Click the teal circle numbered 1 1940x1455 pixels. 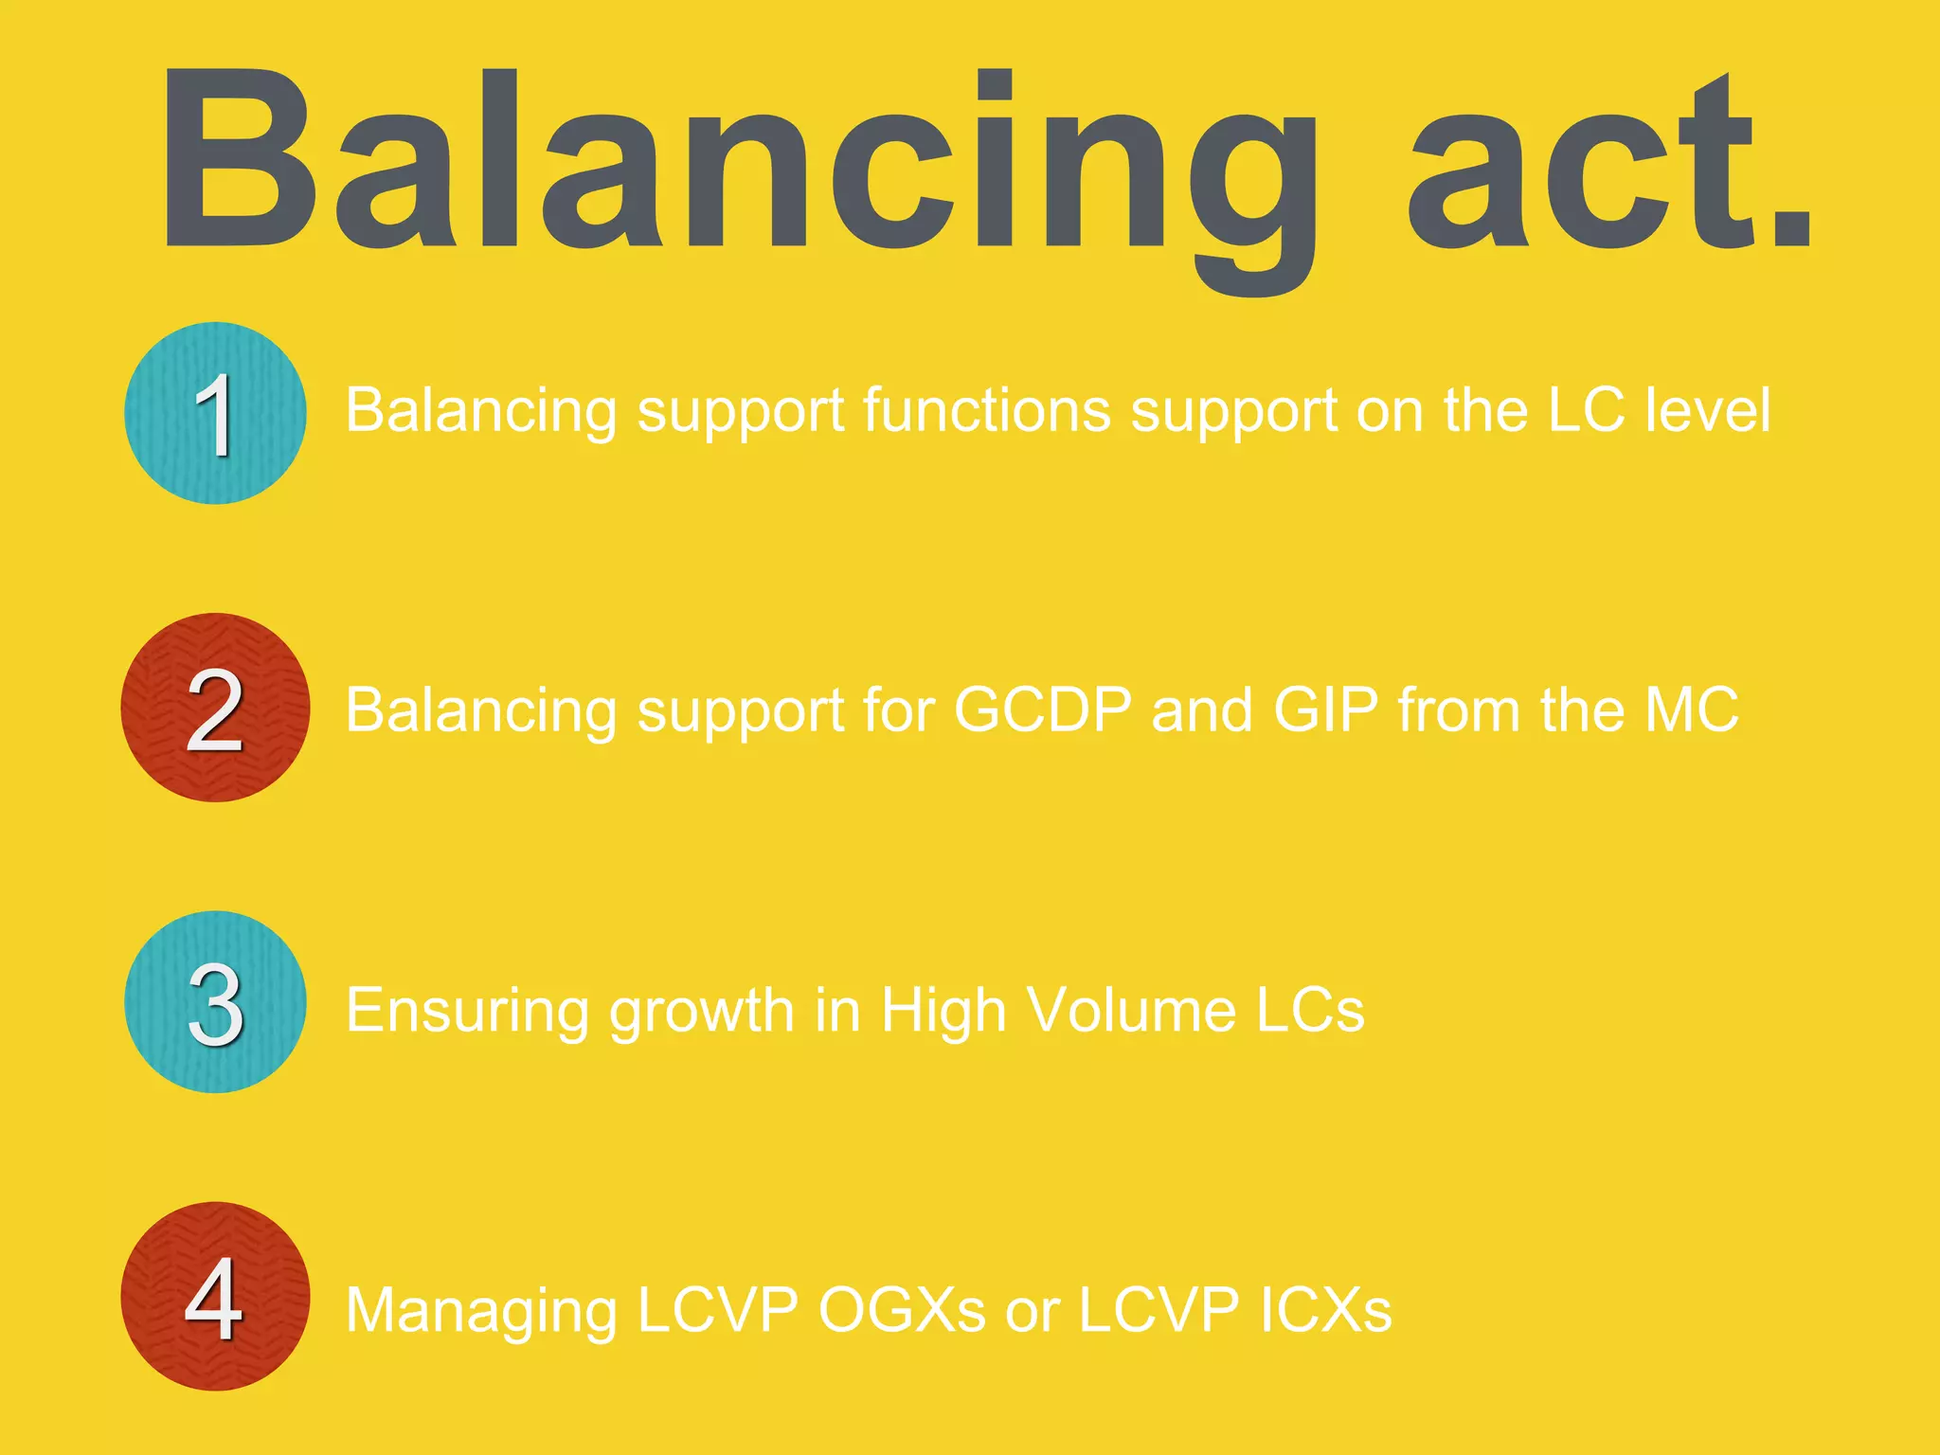pyautogui.click(x=215, y=413)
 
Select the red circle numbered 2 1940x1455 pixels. pyautogui.click(x=215, y=708)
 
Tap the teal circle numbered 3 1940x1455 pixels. pyautogui.click(x=215, y=1002)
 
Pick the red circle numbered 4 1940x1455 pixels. pyautogui.click(x=215, y=1297)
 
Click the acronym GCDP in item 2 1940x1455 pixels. pyautogui.click(x=1042, y=710)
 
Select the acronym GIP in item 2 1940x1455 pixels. pyautogui.click(x=1325, y=710)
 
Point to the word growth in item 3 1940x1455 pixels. pyautogui.click(x=701, y=1011)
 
